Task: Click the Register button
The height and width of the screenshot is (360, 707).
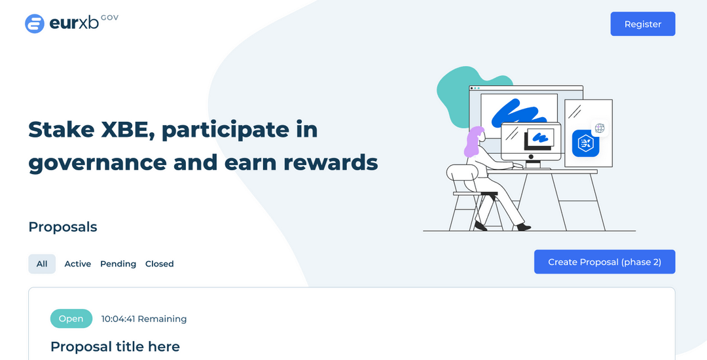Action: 643,24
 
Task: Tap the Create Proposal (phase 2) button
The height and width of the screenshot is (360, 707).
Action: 605,262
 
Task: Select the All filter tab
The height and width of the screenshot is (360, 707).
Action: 42,264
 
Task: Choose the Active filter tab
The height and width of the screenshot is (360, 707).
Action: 77,264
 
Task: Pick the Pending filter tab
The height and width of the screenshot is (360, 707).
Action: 118,264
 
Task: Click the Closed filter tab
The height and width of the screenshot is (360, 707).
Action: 159,264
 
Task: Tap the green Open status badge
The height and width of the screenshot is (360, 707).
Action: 71,319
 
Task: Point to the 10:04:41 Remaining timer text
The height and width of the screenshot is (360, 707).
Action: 144,319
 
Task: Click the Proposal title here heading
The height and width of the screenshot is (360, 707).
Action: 115,346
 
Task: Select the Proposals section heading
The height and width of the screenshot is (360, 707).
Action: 63,226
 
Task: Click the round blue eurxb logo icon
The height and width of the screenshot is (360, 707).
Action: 35,24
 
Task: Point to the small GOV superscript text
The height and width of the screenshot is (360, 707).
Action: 109,18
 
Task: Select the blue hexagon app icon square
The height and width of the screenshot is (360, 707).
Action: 586,143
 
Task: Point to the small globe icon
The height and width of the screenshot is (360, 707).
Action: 599,128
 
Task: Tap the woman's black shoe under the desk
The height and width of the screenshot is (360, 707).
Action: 524,227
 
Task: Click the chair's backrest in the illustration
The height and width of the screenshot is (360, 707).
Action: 460,174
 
